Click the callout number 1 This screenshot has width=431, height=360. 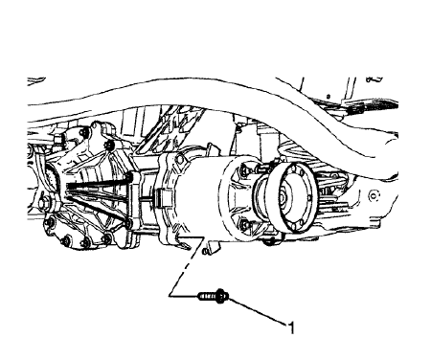point(293,328)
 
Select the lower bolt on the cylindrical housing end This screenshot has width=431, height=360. point(246,225)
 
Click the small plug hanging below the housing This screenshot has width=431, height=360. point(205,251)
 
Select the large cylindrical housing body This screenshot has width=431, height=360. point(206,196)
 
